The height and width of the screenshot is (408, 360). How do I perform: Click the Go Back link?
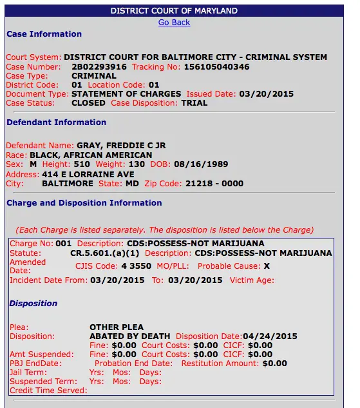[x=174, y=22]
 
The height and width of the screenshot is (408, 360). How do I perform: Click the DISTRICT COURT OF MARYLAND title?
[x=174, y=11]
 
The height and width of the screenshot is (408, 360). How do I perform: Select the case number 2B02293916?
[x=99, y=66]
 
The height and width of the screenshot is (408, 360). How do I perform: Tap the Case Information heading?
[x=44, y=34]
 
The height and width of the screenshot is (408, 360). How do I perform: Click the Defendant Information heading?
[x=56, y=122]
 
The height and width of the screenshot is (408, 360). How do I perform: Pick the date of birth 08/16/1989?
[x=207, y=164]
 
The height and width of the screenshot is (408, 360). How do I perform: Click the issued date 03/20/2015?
[x=266, y=93]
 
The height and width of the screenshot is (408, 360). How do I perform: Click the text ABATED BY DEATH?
[x=129, y=336]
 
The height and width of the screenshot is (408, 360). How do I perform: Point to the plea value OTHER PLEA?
[x=116, y=327]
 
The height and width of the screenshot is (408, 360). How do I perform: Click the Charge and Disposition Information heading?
[x=84, y=202]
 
